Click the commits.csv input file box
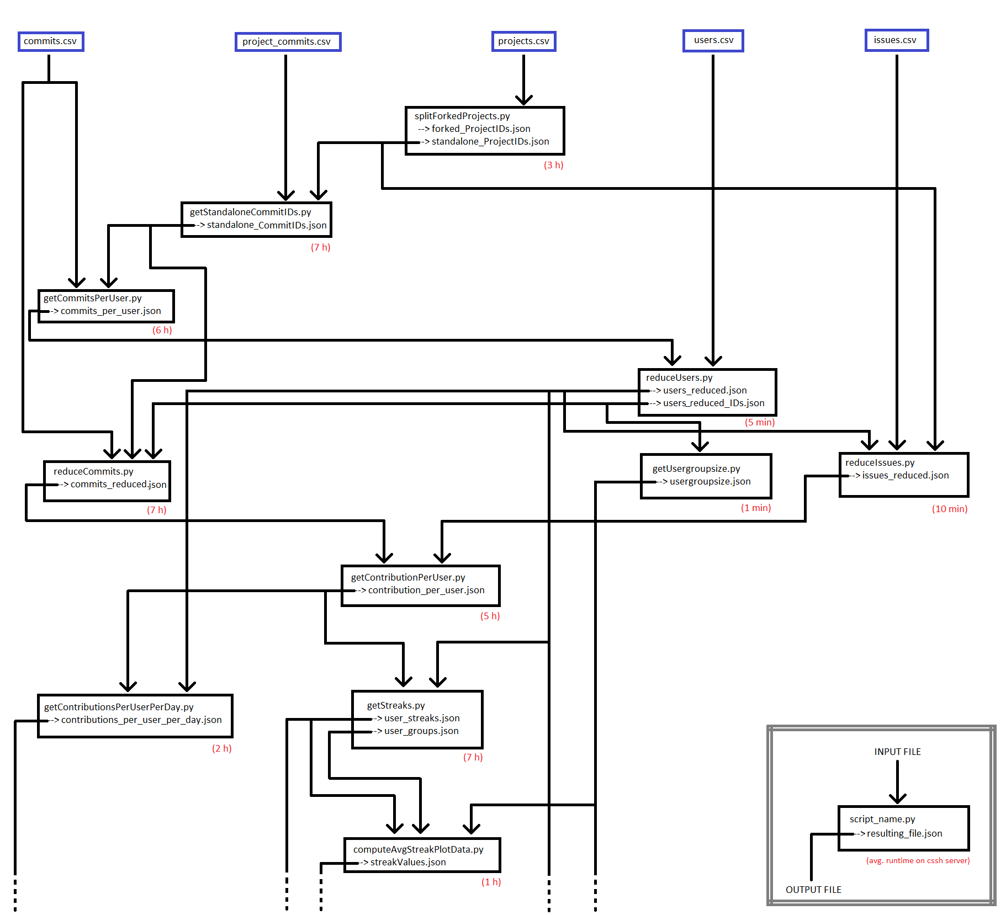(51, 41)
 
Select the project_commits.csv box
(288, 42)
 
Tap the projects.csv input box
(523, 41)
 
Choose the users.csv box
(713, 40)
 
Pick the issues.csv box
(896, 40)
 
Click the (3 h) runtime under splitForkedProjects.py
(553, 165)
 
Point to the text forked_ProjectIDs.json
(480, 129)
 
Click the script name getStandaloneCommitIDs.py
(250, 212)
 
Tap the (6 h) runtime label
(162, 330)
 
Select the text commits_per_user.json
(110, 311)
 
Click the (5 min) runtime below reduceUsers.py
(759, 422)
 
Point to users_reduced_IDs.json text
(713, 403)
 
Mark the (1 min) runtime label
(755, 508)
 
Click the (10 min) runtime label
(949, 509)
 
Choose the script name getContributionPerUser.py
(407, 577)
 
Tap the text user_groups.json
(421, 731)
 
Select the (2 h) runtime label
(221, 748)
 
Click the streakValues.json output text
(407, 862)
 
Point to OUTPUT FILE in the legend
(813, 890)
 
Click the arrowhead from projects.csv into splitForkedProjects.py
(523, 100)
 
